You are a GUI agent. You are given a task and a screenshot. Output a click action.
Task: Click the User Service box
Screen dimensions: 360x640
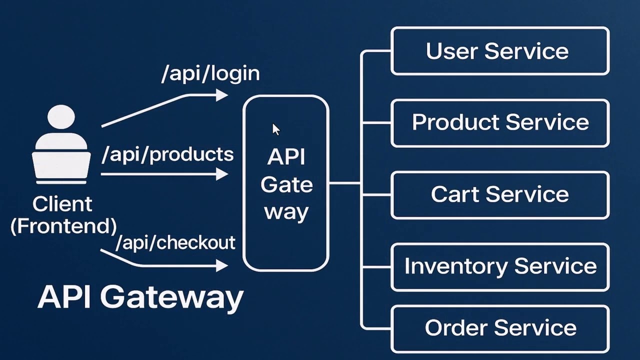499,51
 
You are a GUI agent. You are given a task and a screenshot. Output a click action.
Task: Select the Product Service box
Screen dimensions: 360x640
499,122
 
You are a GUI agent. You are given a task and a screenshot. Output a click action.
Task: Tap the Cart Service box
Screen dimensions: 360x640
499,194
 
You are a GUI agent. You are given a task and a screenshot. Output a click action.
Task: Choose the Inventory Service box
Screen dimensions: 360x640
499,266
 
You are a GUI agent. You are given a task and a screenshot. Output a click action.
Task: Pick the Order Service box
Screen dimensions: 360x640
499,328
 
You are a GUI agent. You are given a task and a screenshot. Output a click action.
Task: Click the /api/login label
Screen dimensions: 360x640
210,73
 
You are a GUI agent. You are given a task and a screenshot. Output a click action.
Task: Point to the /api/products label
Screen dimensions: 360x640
167,154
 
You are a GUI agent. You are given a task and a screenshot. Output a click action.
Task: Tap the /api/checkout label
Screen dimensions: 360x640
175,242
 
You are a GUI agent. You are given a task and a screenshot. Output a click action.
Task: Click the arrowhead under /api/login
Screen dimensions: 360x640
222,94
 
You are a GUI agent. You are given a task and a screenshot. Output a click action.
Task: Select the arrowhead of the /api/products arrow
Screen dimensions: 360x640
222,174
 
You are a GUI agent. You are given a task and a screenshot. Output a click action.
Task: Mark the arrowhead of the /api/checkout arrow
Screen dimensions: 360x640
222,265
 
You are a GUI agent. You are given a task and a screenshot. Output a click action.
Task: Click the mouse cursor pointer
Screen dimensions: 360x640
275,129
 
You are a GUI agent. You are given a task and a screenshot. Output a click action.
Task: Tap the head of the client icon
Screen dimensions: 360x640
61,118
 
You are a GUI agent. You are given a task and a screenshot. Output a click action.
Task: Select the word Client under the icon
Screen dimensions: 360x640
62,204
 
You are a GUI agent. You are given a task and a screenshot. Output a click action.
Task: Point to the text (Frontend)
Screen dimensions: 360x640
63,226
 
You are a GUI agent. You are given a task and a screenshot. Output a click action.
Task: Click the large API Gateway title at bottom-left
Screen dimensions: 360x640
140,297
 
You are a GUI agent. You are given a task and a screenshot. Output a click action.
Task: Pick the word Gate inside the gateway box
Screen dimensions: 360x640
286,184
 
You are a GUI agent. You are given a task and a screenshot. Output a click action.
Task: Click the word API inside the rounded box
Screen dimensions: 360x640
286,157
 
